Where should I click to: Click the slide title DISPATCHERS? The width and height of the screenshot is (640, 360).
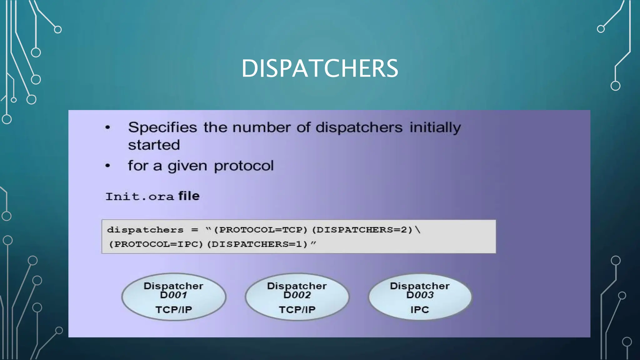(320, 68)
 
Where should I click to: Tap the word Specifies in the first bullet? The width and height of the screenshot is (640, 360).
(162, 127)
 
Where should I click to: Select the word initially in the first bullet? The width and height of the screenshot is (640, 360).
(435, 127)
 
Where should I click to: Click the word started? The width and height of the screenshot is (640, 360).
(154, 145)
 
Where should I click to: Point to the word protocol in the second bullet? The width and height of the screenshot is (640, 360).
(244, 166)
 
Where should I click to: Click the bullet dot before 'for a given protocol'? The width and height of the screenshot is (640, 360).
(108, 166)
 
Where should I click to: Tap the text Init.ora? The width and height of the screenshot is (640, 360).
(139, 197)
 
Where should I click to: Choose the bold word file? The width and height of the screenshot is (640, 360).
(189, 196)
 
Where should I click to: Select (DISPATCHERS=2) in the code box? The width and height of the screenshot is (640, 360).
(362, 230)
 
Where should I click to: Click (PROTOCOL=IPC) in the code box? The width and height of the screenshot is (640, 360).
(156, 244)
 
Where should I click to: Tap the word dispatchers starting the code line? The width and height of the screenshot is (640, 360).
(145, 230)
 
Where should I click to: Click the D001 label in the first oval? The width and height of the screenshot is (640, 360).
(173, 295)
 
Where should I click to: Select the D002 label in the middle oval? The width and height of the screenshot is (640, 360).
(297, 295)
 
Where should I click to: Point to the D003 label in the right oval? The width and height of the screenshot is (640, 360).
(420, 295)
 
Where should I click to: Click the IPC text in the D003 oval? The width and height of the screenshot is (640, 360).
(420, 310)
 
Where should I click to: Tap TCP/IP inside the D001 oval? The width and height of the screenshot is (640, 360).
(174, 310)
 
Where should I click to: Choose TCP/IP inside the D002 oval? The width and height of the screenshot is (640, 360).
(297, 310)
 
